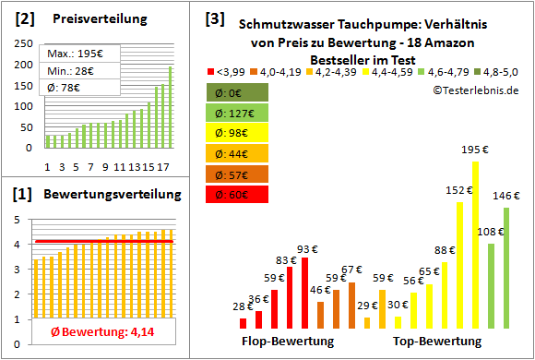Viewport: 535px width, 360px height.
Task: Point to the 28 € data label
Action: [243, 306]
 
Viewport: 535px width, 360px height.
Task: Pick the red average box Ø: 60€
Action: [238, 194]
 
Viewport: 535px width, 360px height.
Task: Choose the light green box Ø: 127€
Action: [238, 113]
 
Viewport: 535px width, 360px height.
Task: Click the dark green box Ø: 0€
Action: [238, 92]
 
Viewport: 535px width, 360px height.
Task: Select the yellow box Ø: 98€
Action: [238, 133]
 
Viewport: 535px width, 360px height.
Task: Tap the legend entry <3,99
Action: [229, 70]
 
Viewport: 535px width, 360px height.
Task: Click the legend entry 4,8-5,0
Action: [499, 70]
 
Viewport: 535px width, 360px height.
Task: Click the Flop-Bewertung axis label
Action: [288, 342]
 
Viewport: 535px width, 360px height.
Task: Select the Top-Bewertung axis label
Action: [437, 342]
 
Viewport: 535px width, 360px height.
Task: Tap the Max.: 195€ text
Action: [76, 54]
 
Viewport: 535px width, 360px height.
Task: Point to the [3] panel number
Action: [214, 18]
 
